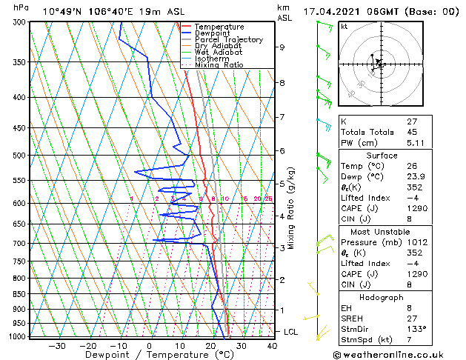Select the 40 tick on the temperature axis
272,346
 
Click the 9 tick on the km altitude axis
282,47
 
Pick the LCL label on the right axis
291,332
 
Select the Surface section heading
397,156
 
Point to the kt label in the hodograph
344,27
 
